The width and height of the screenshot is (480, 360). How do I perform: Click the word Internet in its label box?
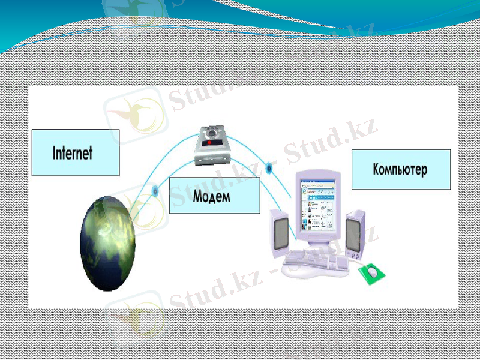pos(73,152)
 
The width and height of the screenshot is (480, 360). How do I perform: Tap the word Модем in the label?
pos(212,196)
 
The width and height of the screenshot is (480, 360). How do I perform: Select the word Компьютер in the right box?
pos(400,169)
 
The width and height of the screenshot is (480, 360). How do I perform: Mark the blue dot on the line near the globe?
pos(155,191)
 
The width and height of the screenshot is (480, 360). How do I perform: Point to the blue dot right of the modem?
pos(269,169)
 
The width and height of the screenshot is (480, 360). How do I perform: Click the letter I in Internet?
pos(55,152)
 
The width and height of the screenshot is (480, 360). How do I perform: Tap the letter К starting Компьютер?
pos(376,169)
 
